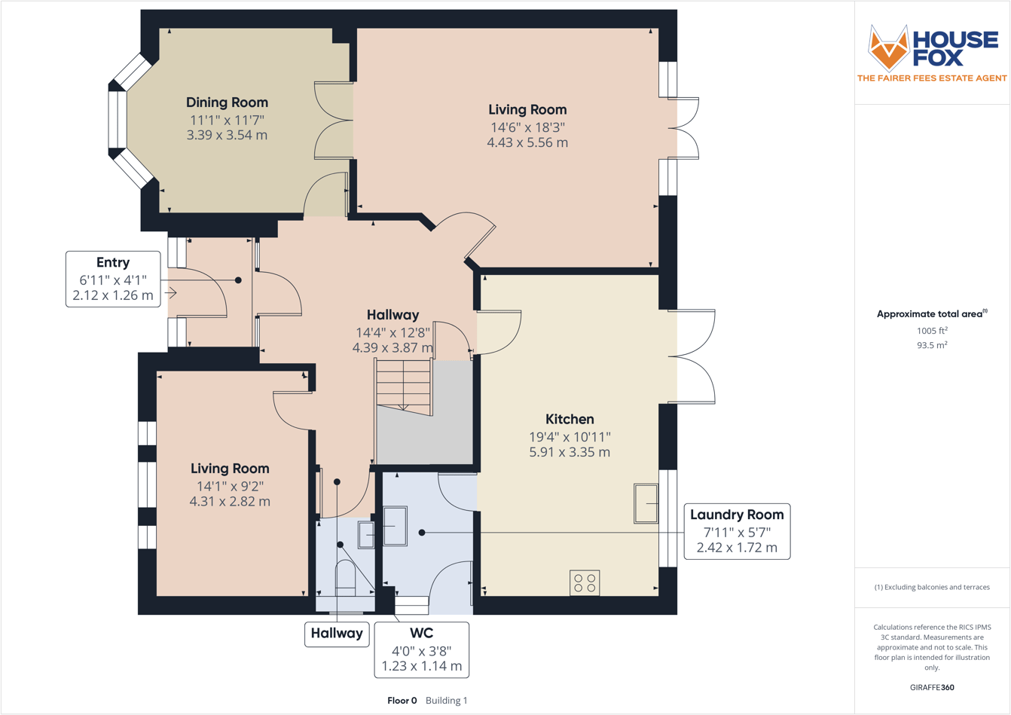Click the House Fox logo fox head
click(x=889, y=47)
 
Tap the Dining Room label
click(x=227, y=102)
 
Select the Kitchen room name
click(x=570, y=419)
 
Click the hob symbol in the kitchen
click(x=585, y=583)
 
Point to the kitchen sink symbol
click(x=646, y=503)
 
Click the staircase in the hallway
click(x=404, y=386)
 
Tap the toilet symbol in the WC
click(x=345, y=576)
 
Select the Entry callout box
click(x=113, y=279)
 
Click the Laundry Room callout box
click(x=737, y=531)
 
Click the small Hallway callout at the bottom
click(x=337, y=634)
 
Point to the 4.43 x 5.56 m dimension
click(x=527, y=142)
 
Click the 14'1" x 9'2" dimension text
click(x=230, y=485)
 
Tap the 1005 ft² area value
click(x=932, y=331)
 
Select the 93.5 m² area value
click(x=932, y=345)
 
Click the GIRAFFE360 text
click(x=932, y=687)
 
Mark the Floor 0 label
click(x=402, y=701)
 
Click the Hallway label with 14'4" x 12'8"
click(x=392, y=315)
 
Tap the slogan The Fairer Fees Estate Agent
click(x=932, y=78)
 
